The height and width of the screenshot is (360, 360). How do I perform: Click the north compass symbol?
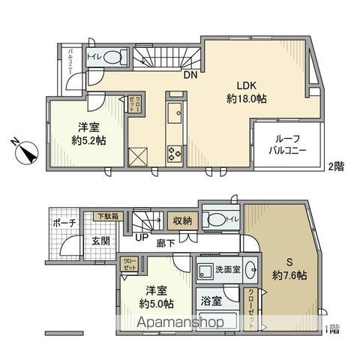point(28,152)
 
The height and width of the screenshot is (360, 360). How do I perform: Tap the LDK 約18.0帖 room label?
point(247,91)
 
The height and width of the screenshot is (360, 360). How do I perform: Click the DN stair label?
point(190,73)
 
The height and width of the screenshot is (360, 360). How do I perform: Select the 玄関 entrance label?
point(101,241)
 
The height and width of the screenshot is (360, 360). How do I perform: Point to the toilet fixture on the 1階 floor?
point(217,220)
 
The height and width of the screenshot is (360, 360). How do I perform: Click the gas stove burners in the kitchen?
point(174,154)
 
